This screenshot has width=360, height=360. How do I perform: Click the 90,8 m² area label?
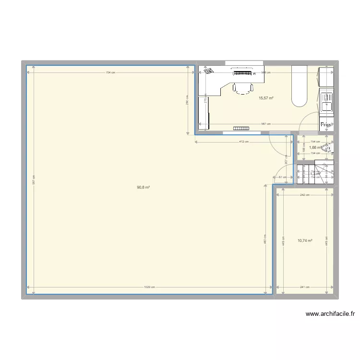coord(144,187)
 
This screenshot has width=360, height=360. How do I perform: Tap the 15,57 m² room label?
coord(266,98)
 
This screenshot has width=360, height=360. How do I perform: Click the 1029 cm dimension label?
coord(149,287)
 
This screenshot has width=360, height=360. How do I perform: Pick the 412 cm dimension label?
coord(243,142)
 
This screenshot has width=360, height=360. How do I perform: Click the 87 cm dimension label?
coord(283,177)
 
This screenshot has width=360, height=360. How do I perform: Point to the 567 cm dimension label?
coord(265,124)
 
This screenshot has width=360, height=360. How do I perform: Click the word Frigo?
coord(326,125)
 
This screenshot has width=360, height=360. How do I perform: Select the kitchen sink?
coord(326,102)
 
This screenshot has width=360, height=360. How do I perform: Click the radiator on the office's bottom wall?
coord(242,128)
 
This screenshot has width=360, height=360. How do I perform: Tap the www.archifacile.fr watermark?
coord(330,314)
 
